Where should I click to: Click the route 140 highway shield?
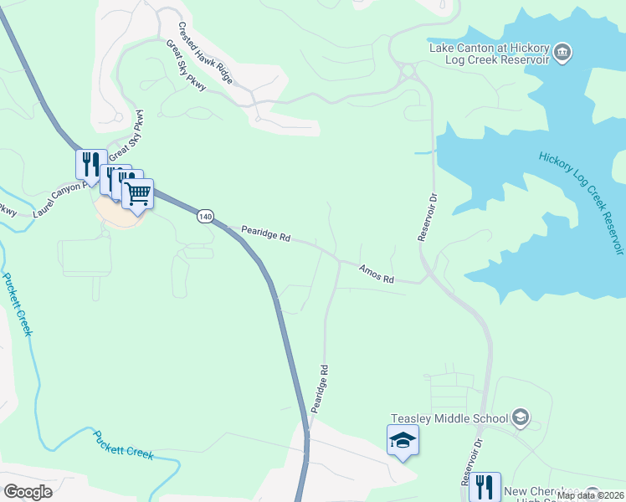[206, 217]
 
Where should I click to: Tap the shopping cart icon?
[138, 194]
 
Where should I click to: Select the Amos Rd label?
[376, 274]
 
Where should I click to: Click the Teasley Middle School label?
[449, 418]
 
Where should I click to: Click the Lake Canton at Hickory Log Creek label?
[490, 54]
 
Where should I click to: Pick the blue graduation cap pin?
[403, 440]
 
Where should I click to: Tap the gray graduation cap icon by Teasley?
[521, 417]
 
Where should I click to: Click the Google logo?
[28, 491]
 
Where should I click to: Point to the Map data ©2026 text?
[590, 495]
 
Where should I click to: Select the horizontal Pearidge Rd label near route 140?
[265, 233]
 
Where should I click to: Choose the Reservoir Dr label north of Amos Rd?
[428, 218]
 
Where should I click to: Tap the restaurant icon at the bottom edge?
[485, 486]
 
